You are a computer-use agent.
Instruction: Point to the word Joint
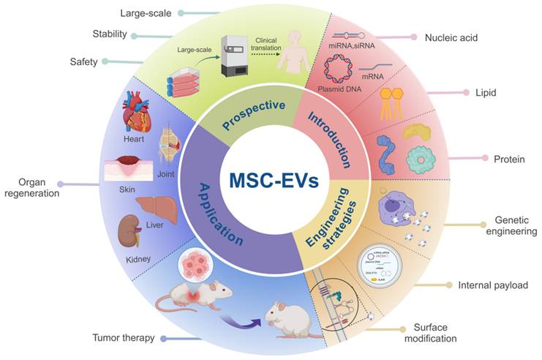pyautogui.click(x=165, y=175)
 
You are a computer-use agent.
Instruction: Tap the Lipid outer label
pyautogui.click(x=486, y=93)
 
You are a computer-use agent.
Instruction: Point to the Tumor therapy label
pyautogui.click(x=123, y=338)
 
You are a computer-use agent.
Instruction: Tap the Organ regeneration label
pyautogui.click(x=30, y=188)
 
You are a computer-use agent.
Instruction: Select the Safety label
pyautogui.click(x=84, y=61)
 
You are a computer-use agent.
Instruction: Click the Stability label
pyautogui.click(x=110, y=34)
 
